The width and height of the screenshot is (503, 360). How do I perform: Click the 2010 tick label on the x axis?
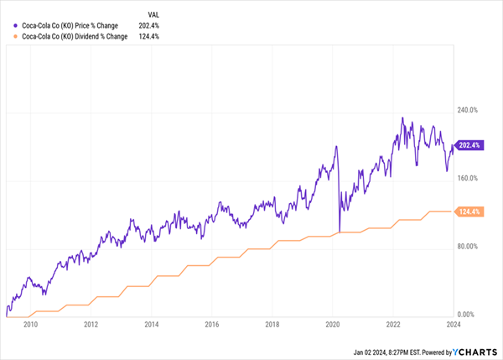(30, 324)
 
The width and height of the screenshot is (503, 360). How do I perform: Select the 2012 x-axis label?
(91, 324)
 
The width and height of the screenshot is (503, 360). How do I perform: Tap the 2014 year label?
(151, 324)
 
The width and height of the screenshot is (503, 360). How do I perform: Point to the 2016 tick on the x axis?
(211, 324)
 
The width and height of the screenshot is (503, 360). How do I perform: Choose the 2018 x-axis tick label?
(272, 324)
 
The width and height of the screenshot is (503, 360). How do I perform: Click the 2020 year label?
(332, 324)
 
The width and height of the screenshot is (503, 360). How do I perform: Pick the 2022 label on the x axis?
(394, 324)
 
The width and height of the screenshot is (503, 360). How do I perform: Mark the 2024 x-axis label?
(454, 324)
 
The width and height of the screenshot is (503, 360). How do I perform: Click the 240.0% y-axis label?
(467, 110)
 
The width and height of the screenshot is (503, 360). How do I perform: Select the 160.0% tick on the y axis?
(467, 178)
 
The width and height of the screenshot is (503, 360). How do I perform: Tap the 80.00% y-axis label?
(467, 246)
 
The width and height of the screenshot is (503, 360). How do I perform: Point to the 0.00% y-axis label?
(467, 314)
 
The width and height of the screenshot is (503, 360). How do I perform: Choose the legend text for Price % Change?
(69, 25)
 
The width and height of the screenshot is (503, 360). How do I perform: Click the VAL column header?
(154, 13)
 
